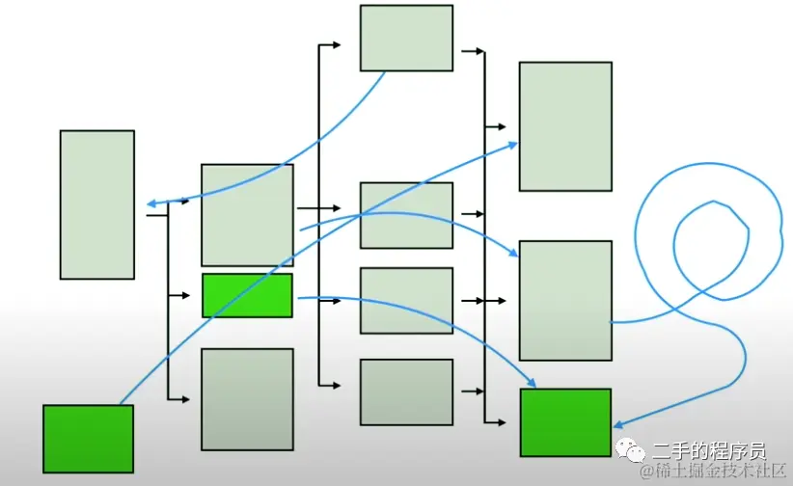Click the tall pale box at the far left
pyautogui.click(x=96, y=204)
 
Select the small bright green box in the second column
pyautogui.click(x=247, y=295)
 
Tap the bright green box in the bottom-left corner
pyautogui.click(x=88, y=438)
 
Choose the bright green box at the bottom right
pyautogui.click(x=565, y=422)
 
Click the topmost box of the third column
pyautogui.click(x=406, y=38)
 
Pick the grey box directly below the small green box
pyautogui.click(x=247, y=399)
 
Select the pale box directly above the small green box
pyautogui.click(x=247, y=215)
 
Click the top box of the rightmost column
pyautogui.click(x=565, y=126)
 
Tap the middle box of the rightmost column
pyautogui.click(x=565, y=301)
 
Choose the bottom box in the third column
pyautogui.click(x=406, y=391)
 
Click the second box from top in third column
pyautogui.click(x=406, y=215)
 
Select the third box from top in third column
pyautogui.click(x=406, y=301)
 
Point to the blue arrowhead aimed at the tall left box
pyautogui.click(x=153, y=203)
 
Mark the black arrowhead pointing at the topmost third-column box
pyautogui.click(x=337, y=45)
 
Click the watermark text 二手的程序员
pyautogui.click(x=708, y=450)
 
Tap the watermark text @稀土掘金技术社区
pyautogui.click(x=717, y=471)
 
